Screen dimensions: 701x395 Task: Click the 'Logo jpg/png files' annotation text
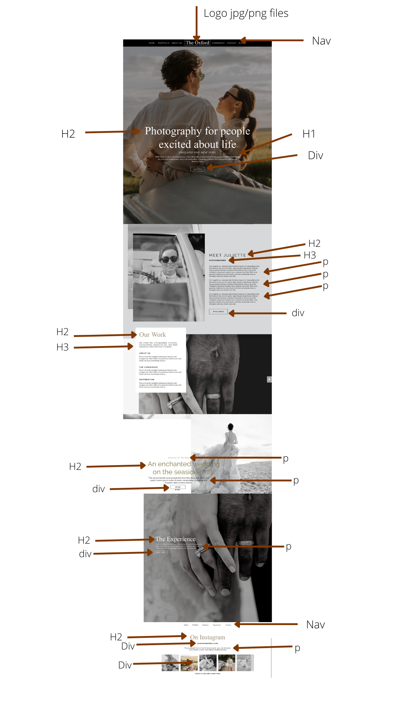(246, 14)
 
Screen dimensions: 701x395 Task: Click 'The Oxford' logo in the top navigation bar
(197, 43)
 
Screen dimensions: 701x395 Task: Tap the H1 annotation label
(309, 134)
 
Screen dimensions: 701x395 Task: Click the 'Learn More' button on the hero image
(197, 169)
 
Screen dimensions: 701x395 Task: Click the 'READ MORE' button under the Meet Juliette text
(218, 311)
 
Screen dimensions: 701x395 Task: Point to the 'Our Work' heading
(153, 335)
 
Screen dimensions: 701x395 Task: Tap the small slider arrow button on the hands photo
(269, 379)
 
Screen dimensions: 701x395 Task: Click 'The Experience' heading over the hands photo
(176, 539)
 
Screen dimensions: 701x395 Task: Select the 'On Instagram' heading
(207, 637)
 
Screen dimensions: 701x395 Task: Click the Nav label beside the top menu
(321, 41)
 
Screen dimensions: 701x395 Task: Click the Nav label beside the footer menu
(315, 625)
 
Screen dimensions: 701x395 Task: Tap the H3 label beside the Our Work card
(63, 347)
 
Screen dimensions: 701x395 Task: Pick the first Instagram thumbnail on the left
(170, 663)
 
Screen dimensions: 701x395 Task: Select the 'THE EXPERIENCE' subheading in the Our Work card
(148, 367)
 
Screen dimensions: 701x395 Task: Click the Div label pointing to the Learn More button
(315, 156)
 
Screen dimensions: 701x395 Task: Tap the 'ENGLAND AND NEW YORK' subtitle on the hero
(197, 152)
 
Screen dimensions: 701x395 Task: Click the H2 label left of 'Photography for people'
(68, 134)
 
